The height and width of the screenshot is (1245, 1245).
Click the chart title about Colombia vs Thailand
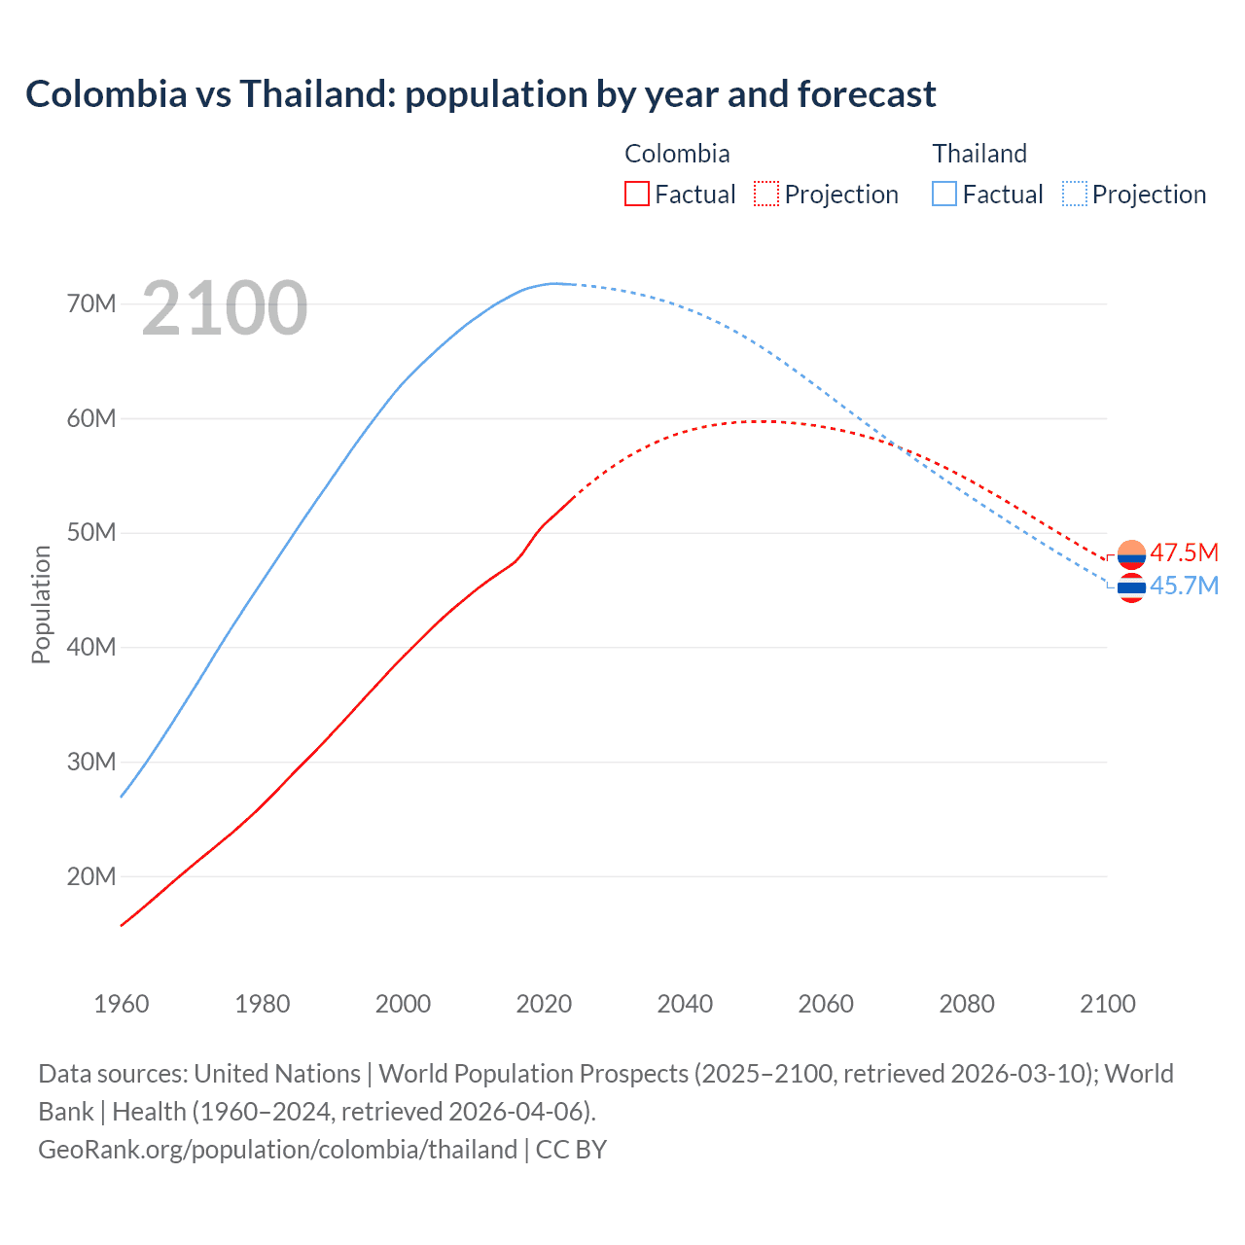480,94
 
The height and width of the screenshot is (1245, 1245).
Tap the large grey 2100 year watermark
225,308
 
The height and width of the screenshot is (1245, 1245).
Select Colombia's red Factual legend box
636,194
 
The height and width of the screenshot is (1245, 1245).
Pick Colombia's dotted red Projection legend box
766,194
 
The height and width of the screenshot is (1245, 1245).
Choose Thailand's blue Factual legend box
944,194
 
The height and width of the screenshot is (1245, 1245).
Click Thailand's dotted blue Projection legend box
1075,194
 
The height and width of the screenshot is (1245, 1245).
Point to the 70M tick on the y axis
91,304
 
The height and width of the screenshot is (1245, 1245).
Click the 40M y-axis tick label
91,648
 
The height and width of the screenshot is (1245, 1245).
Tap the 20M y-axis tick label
91,876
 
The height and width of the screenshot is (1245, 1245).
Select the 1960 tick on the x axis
122,1004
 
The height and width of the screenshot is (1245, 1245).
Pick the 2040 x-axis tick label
685,1004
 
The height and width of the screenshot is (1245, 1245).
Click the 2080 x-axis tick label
967,1004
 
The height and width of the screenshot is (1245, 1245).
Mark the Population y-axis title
41,604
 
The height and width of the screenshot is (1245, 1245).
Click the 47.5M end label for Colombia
1184,553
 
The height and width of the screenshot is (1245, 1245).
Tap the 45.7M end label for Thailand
1184,586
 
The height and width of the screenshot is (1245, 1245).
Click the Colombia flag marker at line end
1131,554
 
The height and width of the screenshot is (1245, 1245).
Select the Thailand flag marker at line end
1131,587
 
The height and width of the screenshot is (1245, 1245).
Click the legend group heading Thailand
979,154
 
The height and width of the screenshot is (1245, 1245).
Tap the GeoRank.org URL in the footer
277,1150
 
